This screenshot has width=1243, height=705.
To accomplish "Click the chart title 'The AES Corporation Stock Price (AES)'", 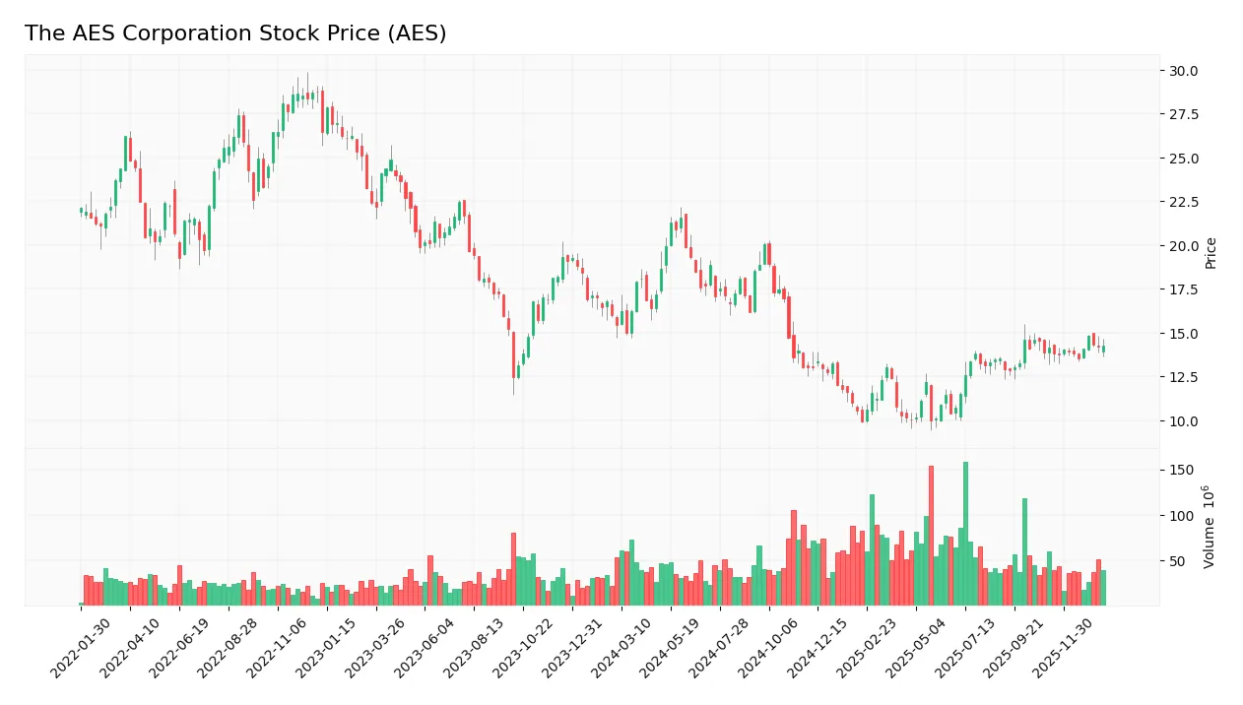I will (x=235, y=33).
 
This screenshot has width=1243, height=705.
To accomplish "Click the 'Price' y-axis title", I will (x=1211, y=253).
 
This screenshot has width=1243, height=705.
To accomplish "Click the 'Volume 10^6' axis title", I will (x=1210, y=527).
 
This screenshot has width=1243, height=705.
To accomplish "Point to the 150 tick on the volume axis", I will (x=1178, y=471).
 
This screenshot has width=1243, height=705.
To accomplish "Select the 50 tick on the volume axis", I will (x=1175, y=561).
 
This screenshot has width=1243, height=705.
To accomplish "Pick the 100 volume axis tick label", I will (x=1178, y=516).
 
